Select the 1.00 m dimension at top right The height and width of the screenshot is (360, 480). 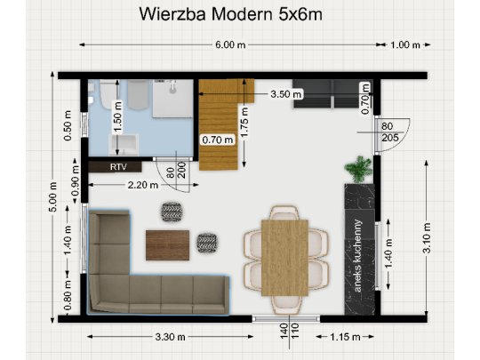(404, 44)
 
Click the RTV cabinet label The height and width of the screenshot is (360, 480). (117, 166)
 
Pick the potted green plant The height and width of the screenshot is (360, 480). (361, 167)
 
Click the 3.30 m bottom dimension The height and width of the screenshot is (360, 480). (170, 337)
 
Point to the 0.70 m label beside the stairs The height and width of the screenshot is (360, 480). (217, 140)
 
